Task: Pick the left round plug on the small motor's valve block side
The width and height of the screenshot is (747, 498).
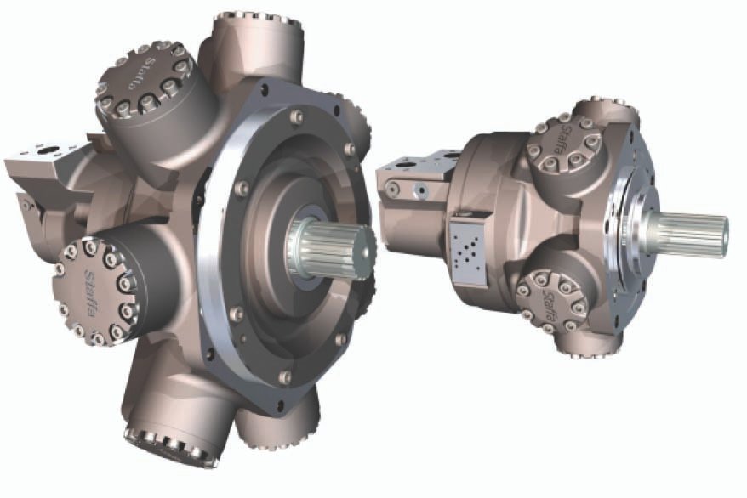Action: (x=392, y=188)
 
